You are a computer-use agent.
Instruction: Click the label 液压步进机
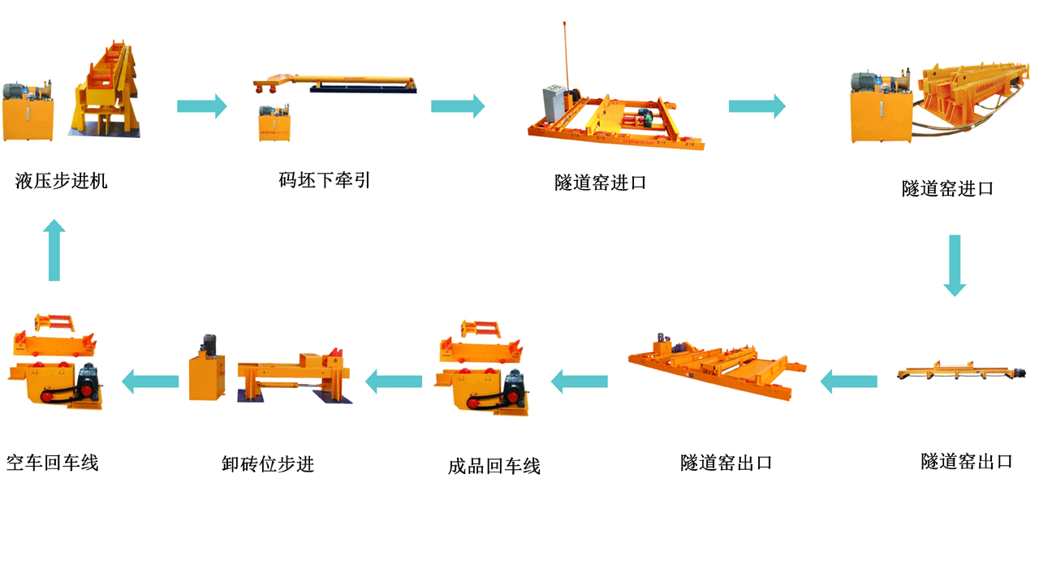(61, 181)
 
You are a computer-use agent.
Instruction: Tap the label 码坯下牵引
(324, 180)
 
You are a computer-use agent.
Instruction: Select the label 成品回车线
(494, 466)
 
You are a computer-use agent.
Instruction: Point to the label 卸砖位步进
(268, 463)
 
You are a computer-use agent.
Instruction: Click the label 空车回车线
(53, 462)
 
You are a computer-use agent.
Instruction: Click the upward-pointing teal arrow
(54, 250)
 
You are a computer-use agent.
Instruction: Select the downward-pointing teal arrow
(955, 265)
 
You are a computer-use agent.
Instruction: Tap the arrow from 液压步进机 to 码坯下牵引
(202, 106)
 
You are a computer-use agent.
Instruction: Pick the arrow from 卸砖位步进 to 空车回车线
(150, 381)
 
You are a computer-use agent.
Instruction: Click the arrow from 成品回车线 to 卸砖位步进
(394, 381)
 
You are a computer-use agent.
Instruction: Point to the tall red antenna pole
(566, 56)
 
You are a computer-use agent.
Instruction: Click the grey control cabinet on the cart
(554, 103)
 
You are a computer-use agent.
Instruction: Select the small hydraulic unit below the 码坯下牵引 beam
(274, 123)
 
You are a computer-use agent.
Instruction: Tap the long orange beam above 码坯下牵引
(334, 83)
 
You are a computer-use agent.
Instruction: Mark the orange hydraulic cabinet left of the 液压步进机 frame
(28, 118)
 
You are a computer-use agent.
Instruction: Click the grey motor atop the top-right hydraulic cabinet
(864, 82)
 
